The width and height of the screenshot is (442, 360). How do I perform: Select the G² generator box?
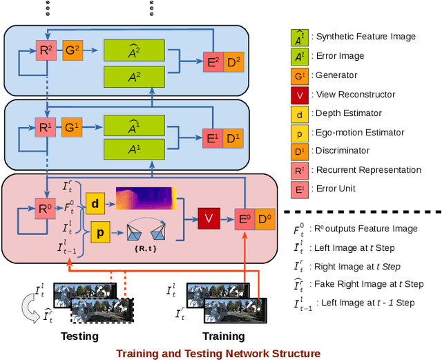click(73, 50)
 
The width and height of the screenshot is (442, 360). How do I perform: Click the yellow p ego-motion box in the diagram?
click(101, 234)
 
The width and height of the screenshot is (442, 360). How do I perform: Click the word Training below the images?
click(223, 337)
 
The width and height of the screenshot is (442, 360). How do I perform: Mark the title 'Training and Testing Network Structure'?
click(218, 353)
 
